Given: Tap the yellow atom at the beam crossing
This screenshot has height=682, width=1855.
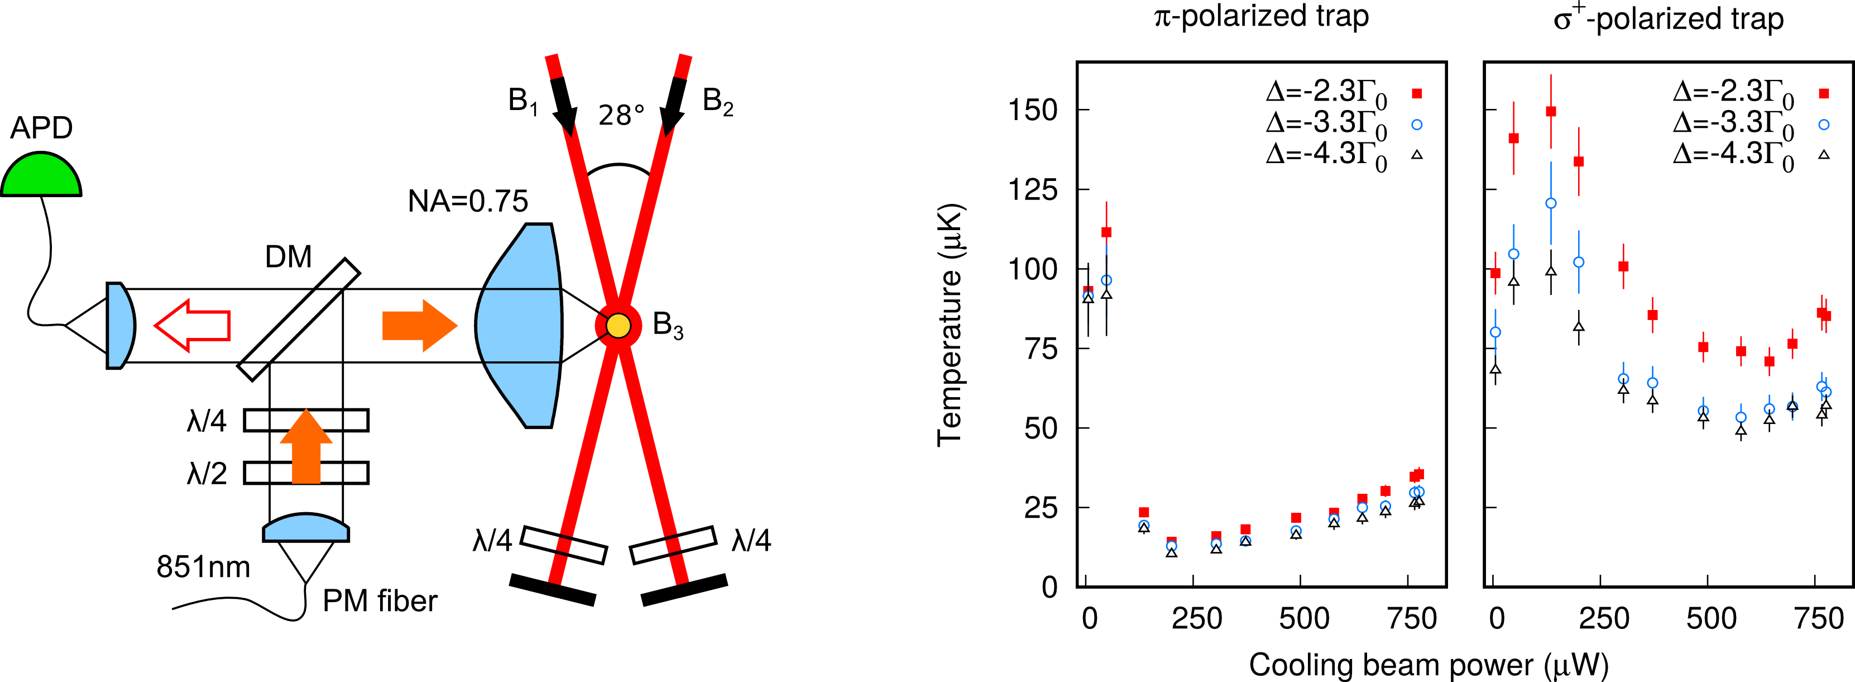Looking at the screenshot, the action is point(618,326).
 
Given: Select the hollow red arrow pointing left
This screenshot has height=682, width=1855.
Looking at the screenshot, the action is point(192,326).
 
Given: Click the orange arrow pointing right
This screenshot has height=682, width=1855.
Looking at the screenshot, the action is point(420,326).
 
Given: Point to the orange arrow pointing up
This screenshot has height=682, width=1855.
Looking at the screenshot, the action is point(306,446).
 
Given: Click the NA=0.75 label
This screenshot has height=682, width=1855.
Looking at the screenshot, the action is point(468,202).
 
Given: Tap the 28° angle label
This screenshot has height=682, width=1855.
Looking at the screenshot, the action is point(621,115).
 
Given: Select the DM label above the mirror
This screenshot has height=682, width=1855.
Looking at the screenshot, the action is point(288,257).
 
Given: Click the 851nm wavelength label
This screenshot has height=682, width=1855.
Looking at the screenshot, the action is point(203,567).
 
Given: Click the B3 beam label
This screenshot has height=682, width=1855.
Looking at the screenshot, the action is point(668,326).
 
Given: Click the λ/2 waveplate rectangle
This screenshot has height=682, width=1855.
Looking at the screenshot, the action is point(306,473).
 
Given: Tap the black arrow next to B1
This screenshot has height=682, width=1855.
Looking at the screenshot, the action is point(564,104).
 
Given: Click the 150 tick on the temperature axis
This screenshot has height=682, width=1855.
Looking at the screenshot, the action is point(1033,110).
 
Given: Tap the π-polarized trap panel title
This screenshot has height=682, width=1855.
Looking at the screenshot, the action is point(1261,16).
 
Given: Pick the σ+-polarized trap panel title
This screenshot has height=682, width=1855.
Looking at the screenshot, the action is point(1669,17).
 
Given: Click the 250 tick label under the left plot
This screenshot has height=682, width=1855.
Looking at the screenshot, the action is point(1197,619).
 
